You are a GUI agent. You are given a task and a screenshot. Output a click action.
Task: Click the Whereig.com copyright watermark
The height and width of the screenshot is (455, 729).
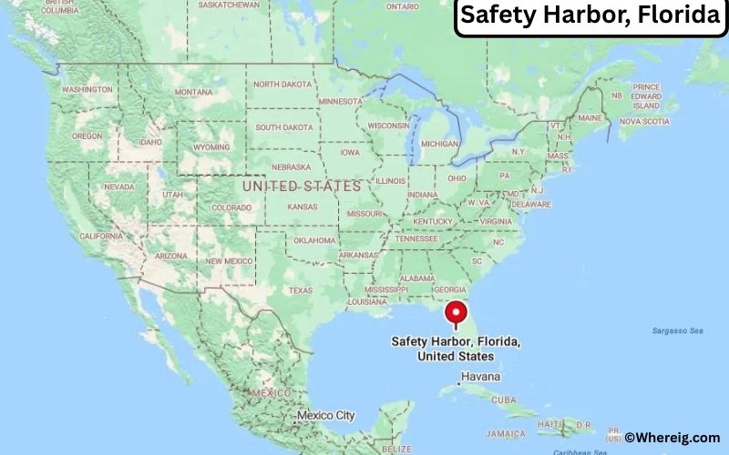pyautogui.click(x=672, y=438)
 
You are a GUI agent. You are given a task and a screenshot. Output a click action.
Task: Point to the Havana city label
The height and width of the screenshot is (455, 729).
pyautogui.click(x=480, y=376)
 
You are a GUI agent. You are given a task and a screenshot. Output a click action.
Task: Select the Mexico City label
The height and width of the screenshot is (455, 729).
pyautogui.click(x=325, y=416)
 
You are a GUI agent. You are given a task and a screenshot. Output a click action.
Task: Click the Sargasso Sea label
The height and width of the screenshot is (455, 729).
pyautogui.click(x=678, y=330)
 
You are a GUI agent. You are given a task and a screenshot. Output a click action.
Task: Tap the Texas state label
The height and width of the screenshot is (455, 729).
pyautogui.click(x=301, y=290)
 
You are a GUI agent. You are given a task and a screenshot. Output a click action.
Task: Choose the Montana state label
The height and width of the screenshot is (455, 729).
pyautogui.click(x=193, y=92)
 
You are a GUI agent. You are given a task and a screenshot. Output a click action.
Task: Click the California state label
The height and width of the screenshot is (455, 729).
pyautogui.click(x=101, y=236)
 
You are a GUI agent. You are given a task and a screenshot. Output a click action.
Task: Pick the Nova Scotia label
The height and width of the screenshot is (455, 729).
pyautogui.click(x=644, y=121)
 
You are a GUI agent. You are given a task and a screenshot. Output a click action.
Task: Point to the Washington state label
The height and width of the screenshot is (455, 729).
pyautogui.click(x=87, y=89)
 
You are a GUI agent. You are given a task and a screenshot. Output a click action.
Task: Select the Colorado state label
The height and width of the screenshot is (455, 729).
pyautogui.click(x=231, y=207)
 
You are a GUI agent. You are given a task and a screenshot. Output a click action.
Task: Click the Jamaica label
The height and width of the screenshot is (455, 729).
pyautogui.click(x=532, y=433)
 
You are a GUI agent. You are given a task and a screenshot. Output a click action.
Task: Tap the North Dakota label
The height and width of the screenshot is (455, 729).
pyautogui.click(x=282, y=85)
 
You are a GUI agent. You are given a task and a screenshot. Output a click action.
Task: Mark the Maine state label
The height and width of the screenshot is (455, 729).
pyautogui.click(x=590, y=118)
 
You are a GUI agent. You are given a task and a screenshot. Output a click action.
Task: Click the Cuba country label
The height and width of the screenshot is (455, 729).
pyautogui.click(x=527, y=399)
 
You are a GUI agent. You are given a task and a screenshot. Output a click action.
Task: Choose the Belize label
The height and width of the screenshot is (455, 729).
pyautogui.click(x=397, y=449)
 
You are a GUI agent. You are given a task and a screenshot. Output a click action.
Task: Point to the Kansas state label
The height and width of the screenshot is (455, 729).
pyautogui.click(x=302, y=207)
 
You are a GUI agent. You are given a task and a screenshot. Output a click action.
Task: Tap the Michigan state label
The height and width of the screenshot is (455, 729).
pyautogui.click(x=440, y=144)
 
